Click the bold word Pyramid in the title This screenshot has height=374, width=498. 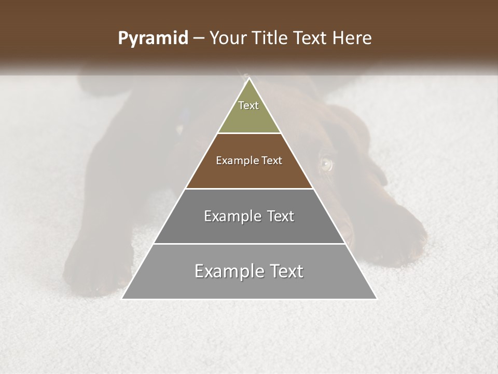click(153, 38)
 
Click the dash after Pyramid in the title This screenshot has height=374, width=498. click(199, 38)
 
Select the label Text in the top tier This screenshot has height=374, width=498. click(248, 105)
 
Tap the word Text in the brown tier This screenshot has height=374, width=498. click(272, 161)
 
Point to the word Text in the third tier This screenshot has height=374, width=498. click(280, 216)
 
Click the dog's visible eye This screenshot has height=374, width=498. click(326, 164)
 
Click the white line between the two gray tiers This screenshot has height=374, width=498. click(249, 244)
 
